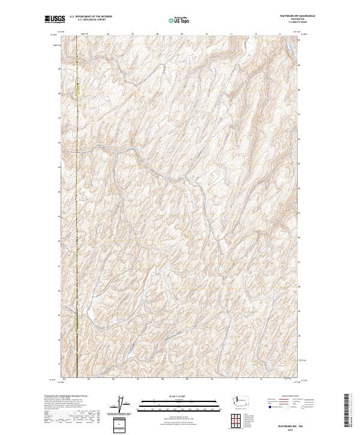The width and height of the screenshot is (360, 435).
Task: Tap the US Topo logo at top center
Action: click(x=177, y=20)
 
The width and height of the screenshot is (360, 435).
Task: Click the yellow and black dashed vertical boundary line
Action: click(x=76, y=180)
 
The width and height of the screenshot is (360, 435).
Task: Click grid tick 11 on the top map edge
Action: click(x=231, y=34)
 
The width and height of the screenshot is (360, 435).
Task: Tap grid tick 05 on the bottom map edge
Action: click(x=88, y=379)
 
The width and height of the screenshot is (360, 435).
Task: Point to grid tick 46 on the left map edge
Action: click(x=59, y=143)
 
